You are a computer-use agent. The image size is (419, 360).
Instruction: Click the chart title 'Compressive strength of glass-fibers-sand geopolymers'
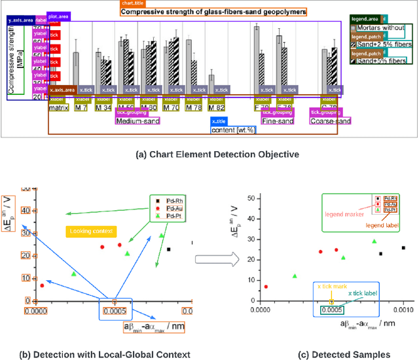(213, 12)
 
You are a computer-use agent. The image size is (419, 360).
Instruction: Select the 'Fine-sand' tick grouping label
(278, 120)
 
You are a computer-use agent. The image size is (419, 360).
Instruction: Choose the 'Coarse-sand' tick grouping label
(330, 120)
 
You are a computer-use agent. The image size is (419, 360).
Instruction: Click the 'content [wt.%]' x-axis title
(233, 130)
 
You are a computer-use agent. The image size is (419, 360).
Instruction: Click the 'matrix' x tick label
(60, 107)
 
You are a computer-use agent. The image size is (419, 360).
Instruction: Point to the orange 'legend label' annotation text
(382, 225)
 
